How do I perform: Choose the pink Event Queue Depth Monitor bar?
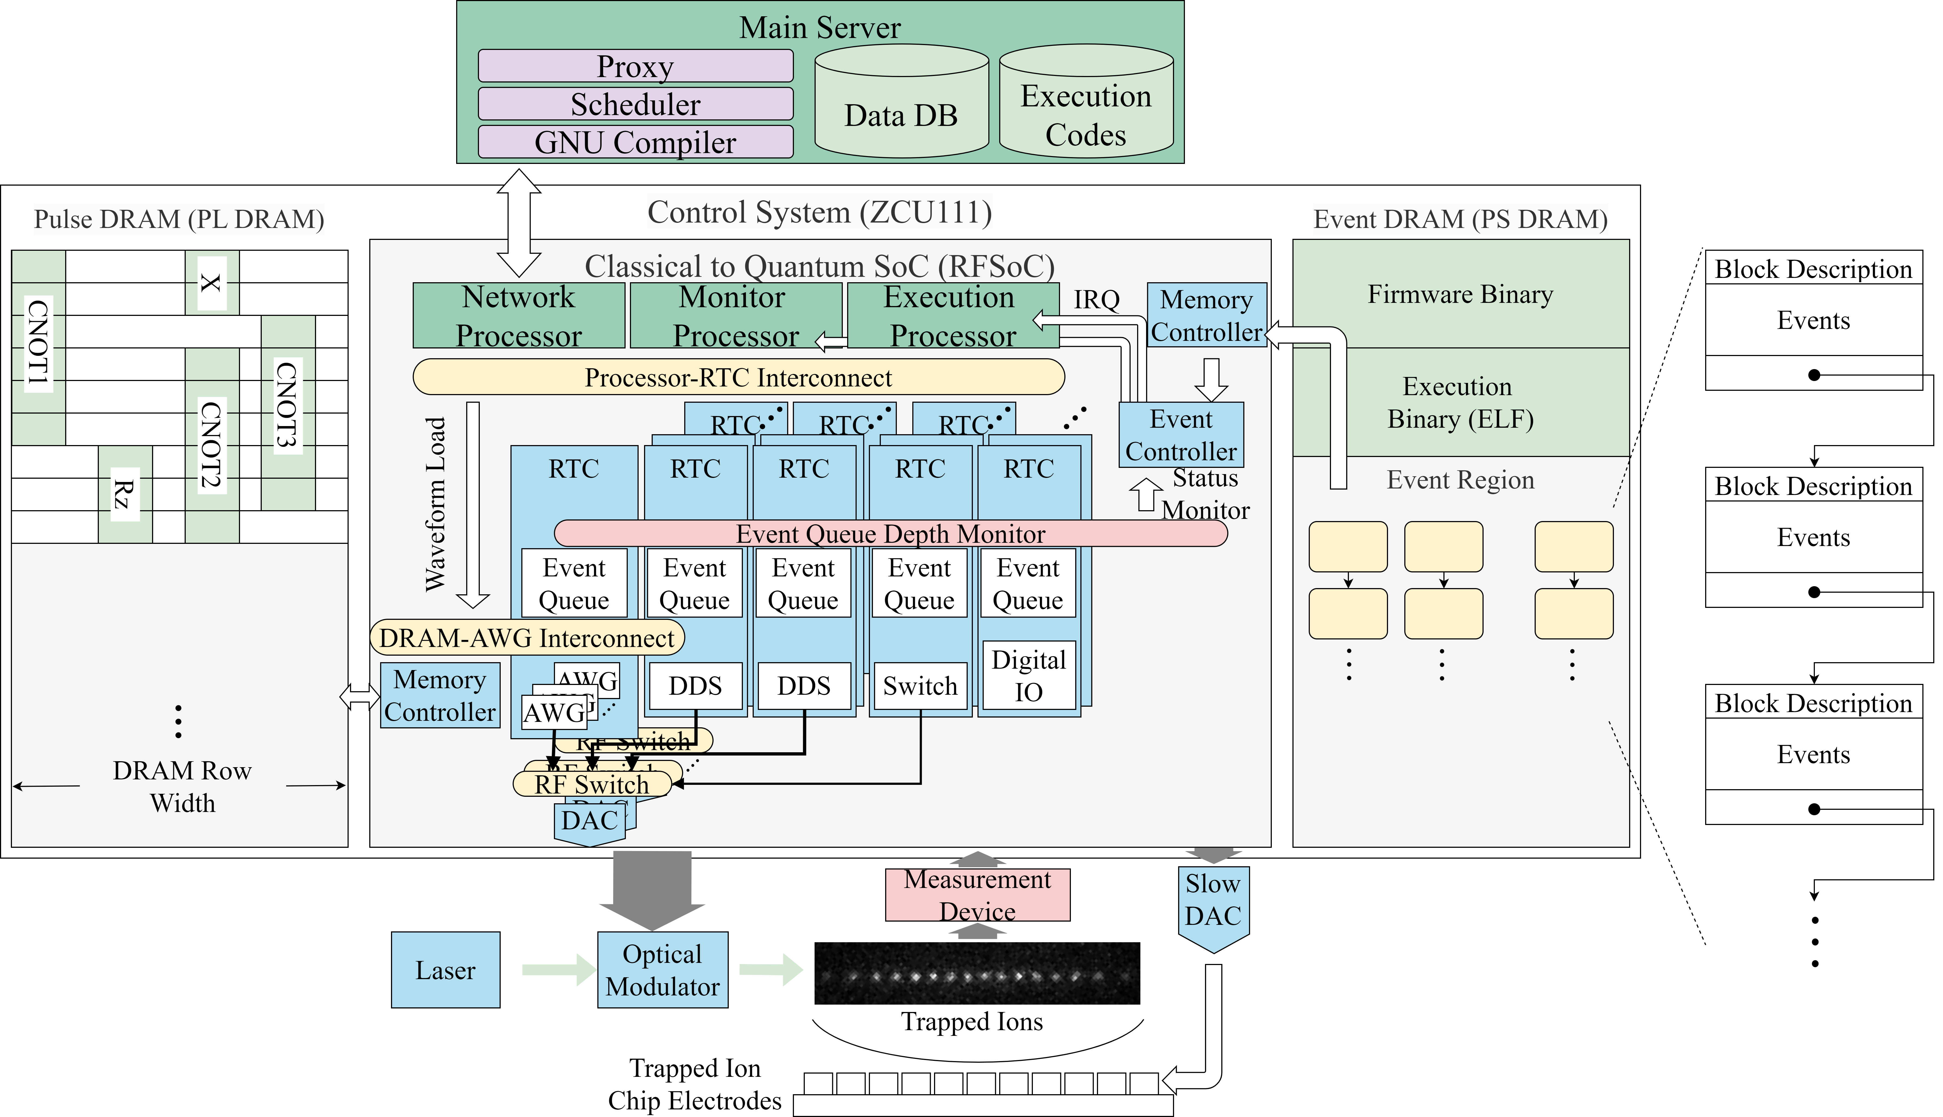(x=890, y=533)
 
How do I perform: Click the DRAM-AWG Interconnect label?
(x=526, y=637)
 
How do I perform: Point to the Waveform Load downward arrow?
(x=473, y=506)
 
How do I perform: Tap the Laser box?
(x=445, y=970)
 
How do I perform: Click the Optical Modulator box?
(x=662, y=970)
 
